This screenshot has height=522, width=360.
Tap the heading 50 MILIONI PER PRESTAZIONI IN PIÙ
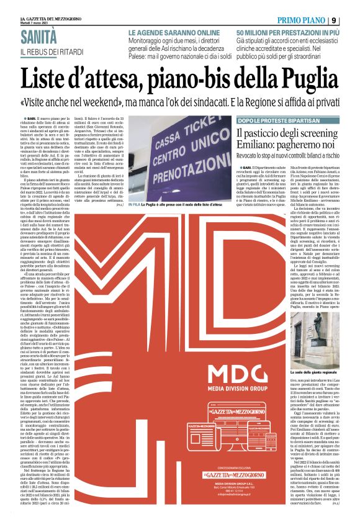click(x=287, y=31)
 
